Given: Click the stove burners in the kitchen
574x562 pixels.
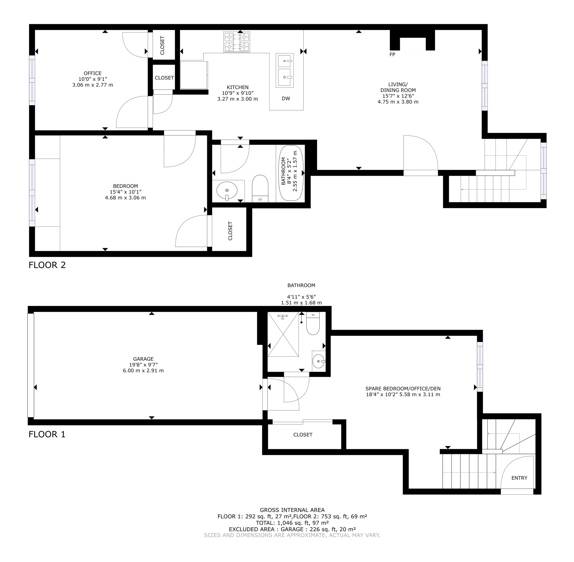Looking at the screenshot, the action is pos(237,42).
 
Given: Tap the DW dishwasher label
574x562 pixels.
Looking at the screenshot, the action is pos(286,98).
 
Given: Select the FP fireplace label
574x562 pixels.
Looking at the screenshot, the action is pos(392,55).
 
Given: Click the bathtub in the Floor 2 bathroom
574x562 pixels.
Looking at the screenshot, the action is pos(291,173).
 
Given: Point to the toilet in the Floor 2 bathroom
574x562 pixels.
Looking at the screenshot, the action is pos(260,188).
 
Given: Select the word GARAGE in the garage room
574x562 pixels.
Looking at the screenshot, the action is pos(143,359).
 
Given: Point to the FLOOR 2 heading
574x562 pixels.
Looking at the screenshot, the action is pos(47,265).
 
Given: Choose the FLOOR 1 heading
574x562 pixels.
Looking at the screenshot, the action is pos(47,434).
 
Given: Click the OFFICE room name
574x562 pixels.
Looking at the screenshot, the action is pos(93,73).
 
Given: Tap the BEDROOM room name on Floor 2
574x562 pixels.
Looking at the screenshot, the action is pos(125,186).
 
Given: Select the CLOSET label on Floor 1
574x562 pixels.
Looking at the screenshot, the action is pos(303,435).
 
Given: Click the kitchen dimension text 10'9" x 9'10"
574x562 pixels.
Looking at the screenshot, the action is pos(238,93).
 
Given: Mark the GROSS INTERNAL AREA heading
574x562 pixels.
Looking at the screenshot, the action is pos(292,510).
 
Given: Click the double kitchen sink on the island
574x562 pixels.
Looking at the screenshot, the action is pos(285,70).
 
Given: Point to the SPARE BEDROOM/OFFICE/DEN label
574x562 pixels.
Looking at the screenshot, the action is pos(403,389).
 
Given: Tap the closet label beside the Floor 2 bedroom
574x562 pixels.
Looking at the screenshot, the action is pos(230,231).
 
